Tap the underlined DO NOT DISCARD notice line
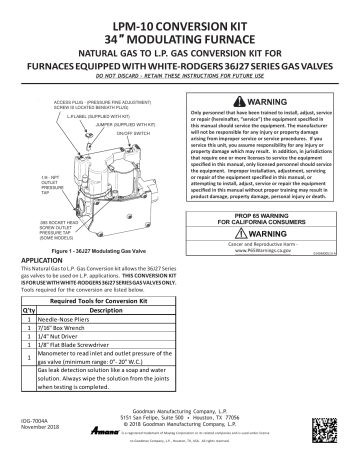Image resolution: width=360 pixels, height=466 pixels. [x=179, y=74]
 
